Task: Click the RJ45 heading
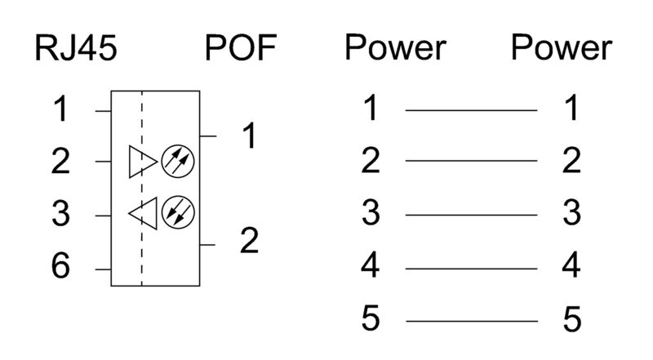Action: (x=76, y=49)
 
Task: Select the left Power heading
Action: (x=395, y=49)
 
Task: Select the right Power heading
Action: (x=561, y=49)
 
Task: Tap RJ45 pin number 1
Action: (x=61, y=109)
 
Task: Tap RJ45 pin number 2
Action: (x=61, y=162)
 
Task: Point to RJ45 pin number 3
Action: (x=61, y=216)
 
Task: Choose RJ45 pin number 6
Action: (x=61, y=268)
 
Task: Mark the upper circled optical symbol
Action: (x=177, y=161)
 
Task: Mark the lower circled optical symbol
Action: (x=177, y=213)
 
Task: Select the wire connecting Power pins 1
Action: (x=471, y=109)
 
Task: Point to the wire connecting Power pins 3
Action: (x=471, y=216)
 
